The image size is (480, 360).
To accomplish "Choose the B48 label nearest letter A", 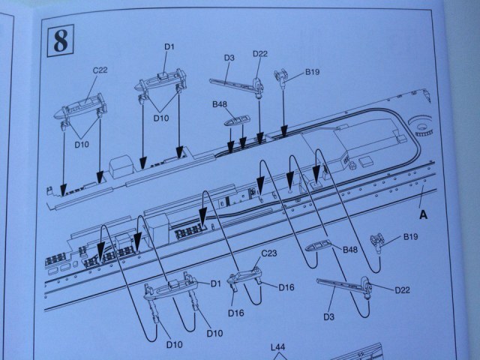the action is coord(349,250).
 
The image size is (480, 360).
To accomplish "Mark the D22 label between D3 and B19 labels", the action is coord(259,53).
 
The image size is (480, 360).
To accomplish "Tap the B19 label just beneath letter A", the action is coord(409,236).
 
